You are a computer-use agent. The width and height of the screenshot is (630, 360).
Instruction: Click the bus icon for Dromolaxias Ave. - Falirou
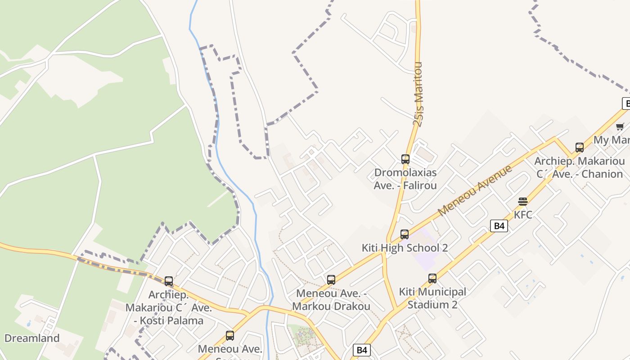(x=405, y=159)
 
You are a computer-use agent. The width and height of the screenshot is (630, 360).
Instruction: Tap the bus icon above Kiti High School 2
(x=405, y=234)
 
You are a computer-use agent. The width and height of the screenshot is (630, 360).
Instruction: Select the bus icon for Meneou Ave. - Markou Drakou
(x=331, y=280)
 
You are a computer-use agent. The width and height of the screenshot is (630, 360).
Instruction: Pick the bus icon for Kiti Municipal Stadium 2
(x=432, y=279)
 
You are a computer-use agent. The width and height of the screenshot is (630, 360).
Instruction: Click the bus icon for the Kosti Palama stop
(x=169, y=281)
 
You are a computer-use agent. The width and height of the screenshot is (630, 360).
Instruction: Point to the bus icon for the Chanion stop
(x=580, y=148)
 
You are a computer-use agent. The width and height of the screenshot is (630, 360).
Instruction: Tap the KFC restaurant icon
(x=522, y=201)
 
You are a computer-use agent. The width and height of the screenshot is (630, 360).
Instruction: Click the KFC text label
(x=523, y=215)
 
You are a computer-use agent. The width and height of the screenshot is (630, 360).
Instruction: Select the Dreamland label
(x=32, y=338)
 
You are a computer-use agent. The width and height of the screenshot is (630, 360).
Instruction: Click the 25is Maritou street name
(x=418, y=94)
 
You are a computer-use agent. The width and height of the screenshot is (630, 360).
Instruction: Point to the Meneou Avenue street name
(x=475, y=190)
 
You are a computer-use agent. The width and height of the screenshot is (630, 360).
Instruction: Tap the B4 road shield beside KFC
(x=499, y=226)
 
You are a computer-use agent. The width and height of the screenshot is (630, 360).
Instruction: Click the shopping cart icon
(x=620, y=126)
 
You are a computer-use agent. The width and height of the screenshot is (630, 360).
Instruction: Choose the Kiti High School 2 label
(x=405, y=248)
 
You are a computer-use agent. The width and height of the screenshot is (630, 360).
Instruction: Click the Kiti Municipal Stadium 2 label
(x=432, y=298)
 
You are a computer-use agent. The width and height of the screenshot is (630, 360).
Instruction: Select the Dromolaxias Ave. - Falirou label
(x=405, y=179)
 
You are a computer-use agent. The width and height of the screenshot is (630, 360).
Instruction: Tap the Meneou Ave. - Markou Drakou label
(x=331, y=300)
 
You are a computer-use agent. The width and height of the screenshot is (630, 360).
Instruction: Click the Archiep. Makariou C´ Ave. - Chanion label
(x=580, y=167)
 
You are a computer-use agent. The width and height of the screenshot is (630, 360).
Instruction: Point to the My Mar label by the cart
(x=612, y=140)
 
